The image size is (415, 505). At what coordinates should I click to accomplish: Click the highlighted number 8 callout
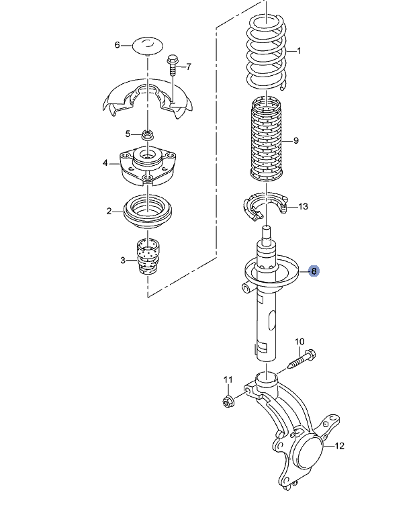coord(314,271)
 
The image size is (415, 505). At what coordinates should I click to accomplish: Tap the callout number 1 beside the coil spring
coord(299,50)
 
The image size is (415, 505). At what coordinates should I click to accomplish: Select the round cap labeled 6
coord(148,46)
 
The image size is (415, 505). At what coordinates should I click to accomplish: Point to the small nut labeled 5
coord(148,134)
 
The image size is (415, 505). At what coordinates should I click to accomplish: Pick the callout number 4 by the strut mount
coord(105,163)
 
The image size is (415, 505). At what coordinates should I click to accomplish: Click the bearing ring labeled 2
coord(148,212)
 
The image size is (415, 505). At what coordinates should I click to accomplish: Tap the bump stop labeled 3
coord(148,257)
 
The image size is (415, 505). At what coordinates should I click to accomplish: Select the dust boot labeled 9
coord(267,139)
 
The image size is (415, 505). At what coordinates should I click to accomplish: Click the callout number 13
coord(303,206)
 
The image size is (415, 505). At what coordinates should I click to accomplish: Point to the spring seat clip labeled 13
coord(265,206)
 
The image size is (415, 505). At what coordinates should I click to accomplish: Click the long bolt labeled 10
coord(302,359)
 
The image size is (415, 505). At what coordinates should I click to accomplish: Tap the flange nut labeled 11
coord(228,401)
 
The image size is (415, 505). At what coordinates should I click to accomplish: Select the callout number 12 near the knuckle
coord(339,446)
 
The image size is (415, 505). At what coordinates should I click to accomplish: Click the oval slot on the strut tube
coord(272,319)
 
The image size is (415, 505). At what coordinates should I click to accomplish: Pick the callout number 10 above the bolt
coord(299,341)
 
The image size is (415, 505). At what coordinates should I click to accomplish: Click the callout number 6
coord(118,45)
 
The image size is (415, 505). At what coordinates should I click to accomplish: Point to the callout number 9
coord(296,140)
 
